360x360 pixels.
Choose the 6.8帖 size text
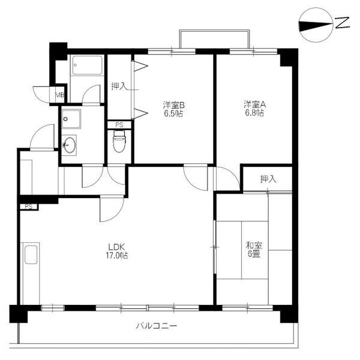pyautogui.click(x=253, y=113)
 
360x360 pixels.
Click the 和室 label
pyautogui.click(x=253, y=245)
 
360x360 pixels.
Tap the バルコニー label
pyautogui.click(x=157, y=326)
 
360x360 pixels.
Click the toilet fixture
pyautogui.click(x=119, y=143)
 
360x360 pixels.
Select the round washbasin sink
pyautogui.click(x=70, y=145)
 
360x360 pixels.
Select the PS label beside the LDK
pyautogui.click(x=28, y=206)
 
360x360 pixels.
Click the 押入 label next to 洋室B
pyautogui.click(x=119, y=86)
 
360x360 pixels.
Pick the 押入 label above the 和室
pyautogui.click(x=268, y=179)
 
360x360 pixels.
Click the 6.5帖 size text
pyautogui.click(x=173, y=113)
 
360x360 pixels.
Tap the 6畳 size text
pyautogui.click(x=253, y=254)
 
